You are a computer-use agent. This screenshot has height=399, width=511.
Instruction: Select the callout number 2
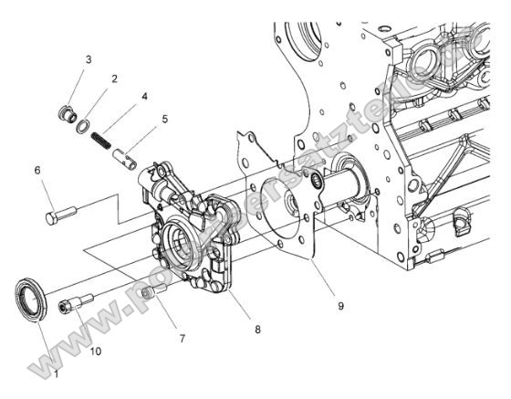115,79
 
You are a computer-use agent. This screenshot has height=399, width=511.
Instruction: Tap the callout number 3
89,59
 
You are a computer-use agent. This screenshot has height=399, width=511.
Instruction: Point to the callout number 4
144,95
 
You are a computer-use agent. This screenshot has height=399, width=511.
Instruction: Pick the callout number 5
164,118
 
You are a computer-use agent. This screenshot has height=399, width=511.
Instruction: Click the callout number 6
37,170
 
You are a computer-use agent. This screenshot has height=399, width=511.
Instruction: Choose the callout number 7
182,339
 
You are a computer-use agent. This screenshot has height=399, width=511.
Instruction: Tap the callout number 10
95,350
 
